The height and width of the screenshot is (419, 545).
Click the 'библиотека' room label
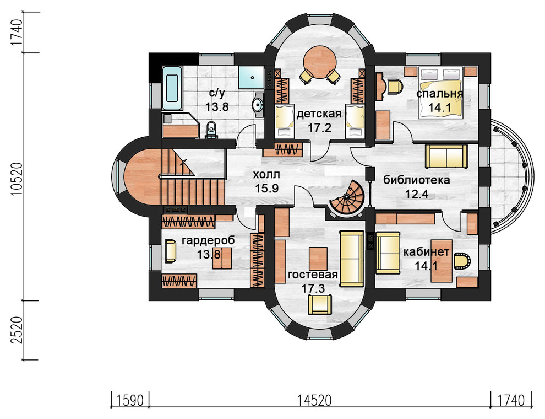pos(416,180)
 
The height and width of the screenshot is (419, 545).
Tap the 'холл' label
pos(266,174)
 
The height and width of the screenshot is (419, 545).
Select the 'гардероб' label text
pos(208,240)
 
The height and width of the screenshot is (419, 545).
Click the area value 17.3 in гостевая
pos(313,288)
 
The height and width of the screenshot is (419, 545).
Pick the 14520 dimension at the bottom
pos(314,401)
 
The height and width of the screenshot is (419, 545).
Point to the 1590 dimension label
pos(130,401)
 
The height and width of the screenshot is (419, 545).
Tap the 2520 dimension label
pos(17,330)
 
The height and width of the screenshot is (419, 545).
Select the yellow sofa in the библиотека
pos(446,156)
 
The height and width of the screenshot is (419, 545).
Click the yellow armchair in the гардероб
pos(170,250)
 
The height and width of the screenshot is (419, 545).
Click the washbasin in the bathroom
pos(257,104)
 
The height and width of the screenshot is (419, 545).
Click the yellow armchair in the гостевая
pos(320,304)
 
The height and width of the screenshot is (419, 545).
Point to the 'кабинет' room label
pos(426,252)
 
